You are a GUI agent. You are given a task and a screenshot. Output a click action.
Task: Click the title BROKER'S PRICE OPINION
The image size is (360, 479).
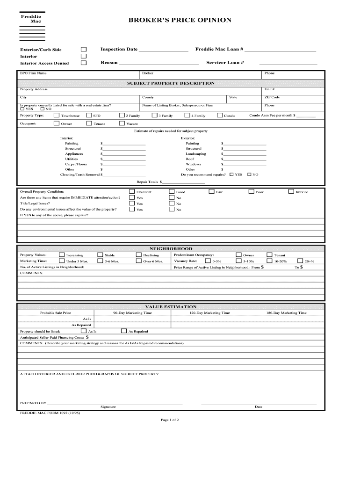[180, 20]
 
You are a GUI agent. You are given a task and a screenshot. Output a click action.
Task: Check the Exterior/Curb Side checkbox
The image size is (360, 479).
[84, 49]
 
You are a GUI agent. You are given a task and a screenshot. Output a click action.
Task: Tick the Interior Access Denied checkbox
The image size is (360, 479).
[84, 63]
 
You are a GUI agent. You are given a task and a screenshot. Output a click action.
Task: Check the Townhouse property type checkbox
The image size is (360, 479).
[57, 115]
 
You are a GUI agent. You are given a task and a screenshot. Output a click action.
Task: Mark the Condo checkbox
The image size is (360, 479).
[220, 115]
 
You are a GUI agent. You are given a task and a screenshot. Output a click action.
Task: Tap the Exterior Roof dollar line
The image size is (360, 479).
[245, 160]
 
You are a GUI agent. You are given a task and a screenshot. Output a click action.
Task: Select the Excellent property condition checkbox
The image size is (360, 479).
[132, 191]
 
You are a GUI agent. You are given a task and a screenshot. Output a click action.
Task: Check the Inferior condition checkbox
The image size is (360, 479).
[291, 191]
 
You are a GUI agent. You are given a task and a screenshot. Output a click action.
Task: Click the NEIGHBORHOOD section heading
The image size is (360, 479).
[171, 249]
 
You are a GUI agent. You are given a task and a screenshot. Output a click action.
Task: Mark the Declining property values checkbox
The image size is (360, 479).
[138, 255]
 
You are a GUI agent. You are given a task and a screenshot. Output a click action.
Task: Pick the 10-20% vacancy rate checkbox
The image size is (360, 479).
[269, 261]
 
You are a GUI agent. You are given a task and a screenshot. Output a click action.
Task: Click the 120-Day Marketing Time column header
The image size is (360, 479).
[209, 312]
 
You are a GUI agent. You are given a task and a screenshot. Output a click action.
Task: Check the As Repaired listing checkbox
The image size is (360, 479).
[123, 331]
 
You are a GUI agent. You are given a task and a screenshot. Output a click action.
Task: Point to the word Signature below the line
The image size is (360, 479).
[108, 406]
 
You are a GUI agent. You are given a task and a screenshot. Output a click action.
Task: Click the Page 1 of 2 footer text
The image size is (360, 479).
[170, 420]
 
